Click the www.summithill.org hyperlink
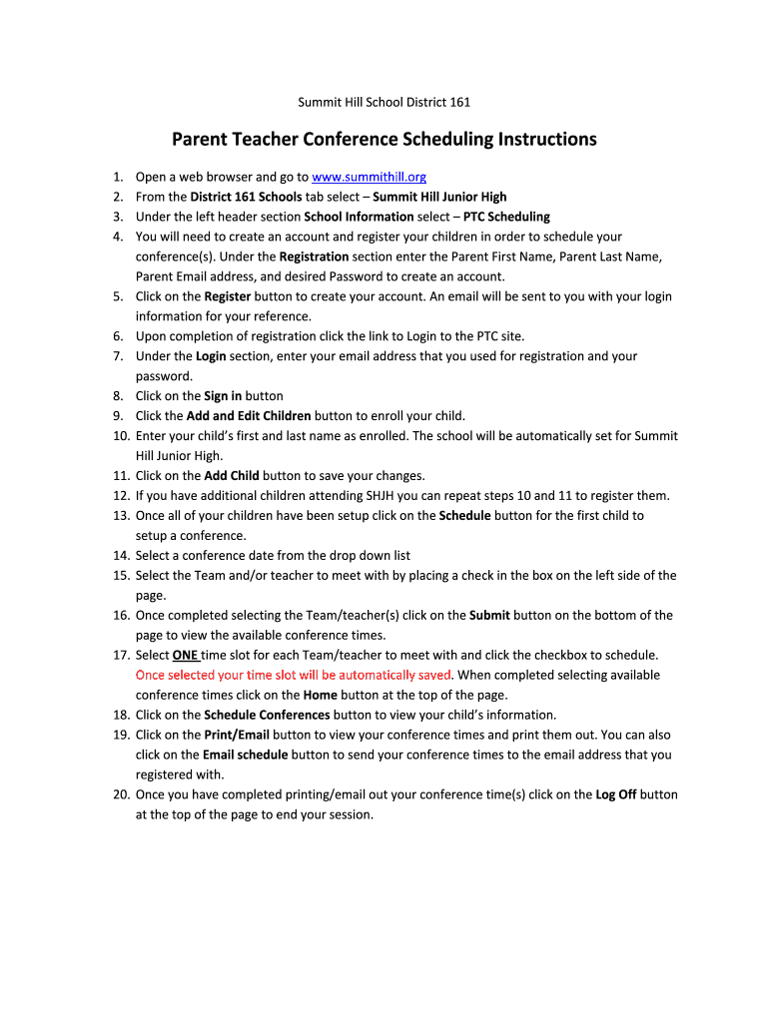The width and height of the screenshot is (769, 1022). click(369, 177)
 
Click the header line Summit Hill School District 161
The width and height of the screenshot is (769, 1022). click(384, 102)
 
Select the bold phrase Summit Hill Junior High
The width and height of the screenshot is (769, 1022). click(439, 197)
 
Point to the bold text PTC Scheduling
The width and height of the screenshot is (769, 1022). click(506, 217)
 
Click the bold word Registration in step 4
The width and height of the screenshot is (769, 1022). click(314, 256)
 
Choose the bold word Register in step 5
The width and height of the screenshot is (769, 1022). click(228, 296)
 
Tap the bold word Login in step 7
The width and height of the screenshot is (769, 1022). click(210, 356)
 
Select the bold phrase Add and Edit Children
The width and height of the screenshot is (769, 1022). click(249, 416)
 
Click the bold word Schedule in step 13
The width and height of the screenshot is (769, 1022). click(464, 516)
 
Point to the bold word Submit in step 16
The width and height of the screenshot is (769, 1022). click(489, 616)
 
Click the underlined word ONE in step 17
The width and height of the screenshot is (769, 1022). click(185, 656)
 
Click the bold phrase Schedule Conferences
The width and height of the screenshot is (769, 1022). click(267, 716)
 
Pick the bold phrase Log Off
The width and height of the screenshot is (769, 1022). click(615, 795)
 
